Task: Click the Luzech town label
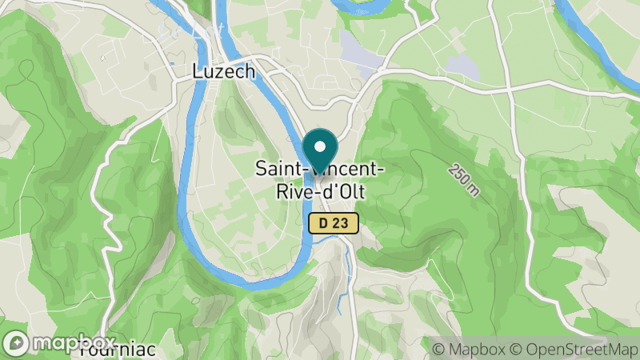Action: pyautogui.click(x=224, y=72)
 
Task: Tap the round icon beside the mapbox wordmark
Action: pyautogui.click(x=16, y=342)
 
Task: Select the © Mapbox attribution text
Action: pyautogui.click(x=469, y=349)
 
